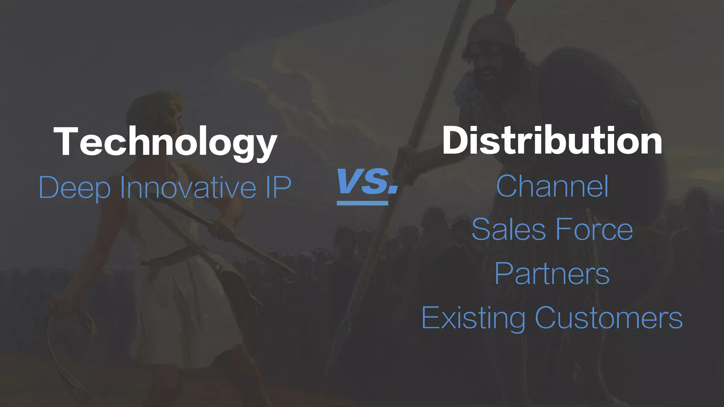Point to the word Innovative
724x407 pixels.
pyautogui.click(x=188, y=187)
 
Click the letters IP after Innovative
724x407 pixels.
pyautogui.click(x=278, y=187)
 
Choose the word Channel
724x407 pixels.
pyautogui.click(x=552, y=186)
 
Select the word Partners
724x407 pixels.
pyautogui.click(x=552, y=273)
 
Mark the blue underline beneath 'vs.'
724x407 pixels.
pyautogui.click(x=362, y=203)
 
